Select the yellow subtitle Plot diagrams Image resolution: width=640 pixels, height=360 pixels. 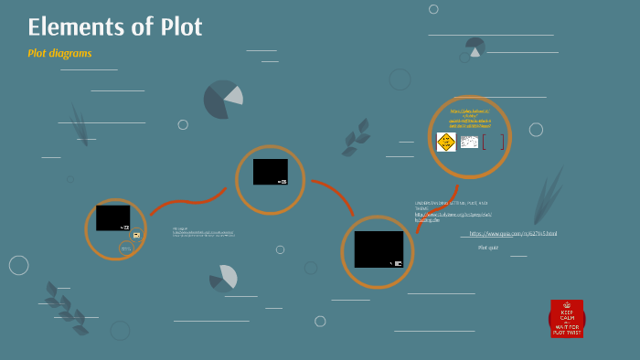[x=59, y=53]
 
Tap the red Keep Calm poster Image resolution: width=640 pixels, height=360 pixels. [x=567, y=319]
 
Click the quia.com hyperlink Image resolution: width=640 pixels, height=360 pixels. [x=513, y=233]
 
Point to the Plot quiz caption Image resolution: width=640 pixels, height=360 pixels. [x=488, y=247]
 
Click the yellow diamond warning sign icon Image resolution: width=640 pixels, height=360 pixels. [x=446, y=142]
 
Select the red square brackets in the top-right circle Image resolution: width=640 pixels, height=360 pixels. [x=493, y=142]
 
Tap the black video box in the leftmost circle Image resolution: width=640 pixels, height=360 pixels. [x=112, y=217]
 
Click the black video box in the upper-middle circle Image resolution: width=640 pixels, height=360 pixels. [x=270, y=172]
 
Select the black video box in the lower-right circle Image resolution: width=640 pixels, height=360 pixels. [x=379, y=249]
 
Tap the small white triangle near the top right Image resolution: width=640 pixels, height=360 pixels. [x=475, y=52]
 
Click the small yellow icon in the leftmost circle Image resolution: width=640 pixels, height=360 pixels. [x=136, y=235]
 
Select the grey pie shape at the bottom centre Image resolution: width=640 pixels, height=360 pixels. [x=224, y=278]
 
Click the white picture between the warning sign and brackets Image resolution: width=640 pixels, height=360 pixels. [x=469, y=142]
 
